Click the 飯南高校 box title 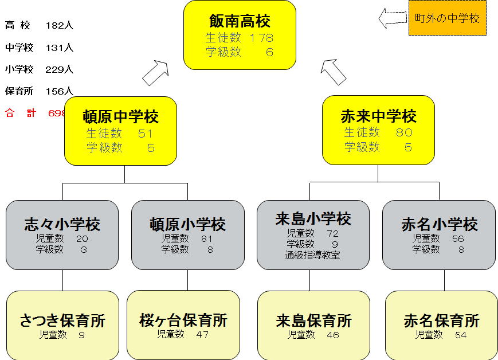coord(240,22)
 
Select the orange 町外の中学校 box coord(447,18)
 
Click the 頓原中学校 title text coord(120,117)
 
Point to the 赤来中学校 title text coord(378,117)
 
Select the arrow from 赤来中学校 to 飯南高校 coord(334,71)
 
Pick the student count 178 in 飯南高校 coord(262,38)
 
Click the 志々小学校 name coord(62,224)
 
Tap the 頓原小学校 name coord(187,224)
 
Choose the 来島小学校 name coord(313,218)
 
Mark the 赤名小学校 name coord(439,224)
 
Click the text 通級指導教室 coord(313,255)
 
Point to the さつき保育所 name coord(62,320)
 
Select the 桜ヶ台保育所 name coord(183,320)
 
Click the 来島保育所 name coord(313,320)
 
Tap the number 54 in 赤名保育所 coord(461,335)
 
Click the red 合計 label coord(21,113)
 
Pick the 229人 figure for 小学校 coord(60,69)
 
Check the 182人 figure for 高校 coord(60,26)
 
